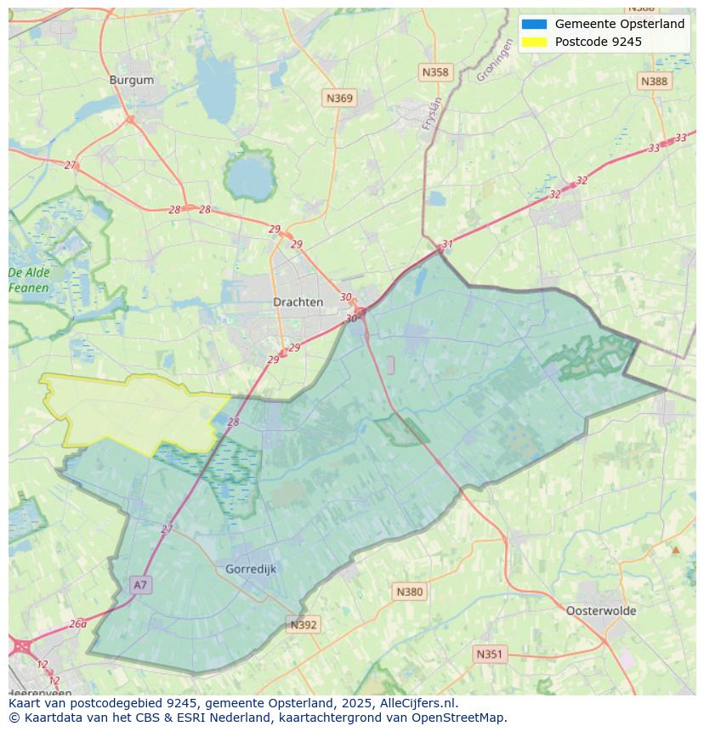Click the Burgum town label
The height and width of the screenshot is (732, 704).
coord(132,80)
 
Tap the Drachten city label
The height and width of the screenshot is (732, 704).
coord(298,302)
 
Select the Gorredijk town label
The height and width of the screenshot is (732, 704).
coord(251,569)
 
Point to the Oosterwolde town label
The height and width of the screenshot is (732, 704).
coord(601,610)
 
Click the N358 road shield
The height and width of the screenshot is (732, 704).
coord(435,72)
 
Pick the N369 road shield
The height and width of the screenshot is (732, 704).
coord(339,99)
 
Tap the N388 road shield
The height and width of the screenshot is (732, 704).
coord(654,81)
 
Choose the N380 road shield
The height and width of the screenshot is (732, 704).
coord(409,592)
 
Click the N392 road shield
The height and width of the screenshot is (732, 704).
coord(304,625)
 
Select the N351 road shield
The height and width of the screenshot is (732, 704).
coord(489,654)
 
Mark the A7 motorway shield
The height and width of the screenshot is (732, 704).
coord(140,585)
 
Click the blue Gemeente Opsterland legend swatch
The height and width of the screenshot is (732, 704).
coord(535,25)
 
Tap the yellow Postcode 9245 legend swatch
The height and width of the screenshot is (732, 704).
coord(535,42)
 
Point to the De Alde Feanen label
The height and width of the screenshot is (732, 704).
coord(29,281)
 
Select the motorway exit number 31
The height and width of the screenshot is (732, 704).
coord(447,244)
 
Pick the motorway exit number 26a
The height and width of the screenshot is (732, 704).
coord(77,623)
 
